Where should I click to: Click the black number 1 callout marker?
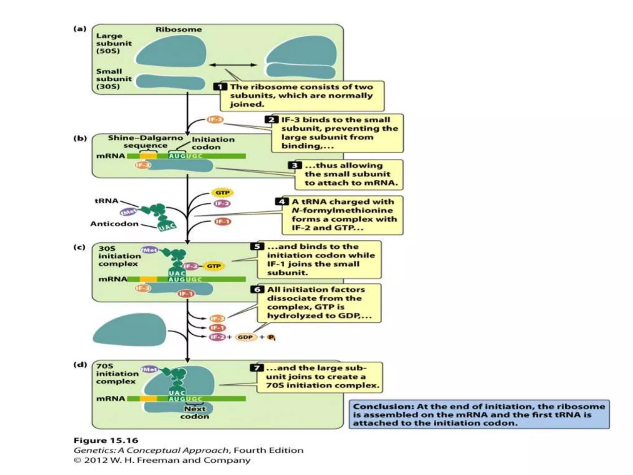tap(220, 87)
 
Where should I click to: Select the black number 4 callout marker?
tap(281, 202)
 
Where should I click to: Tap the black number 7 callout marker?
tap(257, 368)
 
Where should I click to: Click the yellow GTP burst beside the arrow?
tap(222, 193)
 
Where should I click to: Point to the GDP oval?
tap(246, 337)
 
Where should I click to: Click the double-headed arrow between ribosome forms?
tap(233, 65)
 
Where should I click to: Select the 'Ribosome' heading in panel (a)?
tap(179, 30)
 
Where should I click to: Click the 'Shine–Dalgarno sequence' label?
tap(145, 142)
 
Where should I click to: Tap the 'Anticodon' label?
tap(114, 224)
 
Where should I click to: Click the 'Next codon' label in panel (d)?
tap(195, 413)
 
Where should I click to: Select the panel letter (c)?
tap(79, 247)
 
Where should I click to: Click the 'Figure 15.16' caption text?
tap(106, 440)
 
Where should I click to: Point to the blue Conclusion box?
tap(479, 414)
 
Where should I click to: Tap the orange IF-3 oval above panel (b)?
tap(215, 120)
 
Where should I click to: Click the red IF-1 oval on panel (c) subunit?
tap(186, 293)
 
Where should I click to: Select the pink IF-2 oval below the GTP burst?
tap(222, 203)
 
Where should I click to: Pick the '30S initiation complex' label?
tap(119, 256)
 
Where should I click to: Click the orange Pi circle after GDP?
tap(271, 337)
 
